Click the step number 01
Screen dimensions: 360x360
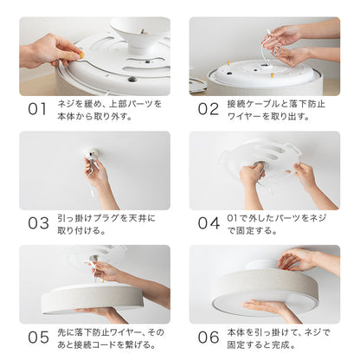click(x=37, y=109)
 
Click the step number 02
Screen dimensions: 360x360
click(x=208, y=109)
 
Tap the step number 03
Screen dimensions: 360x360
click(x=37, y=222)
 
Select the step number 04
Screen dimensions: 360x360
click(x=208, y=222)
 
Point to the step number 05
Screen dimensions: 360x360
click(x=37, y=336)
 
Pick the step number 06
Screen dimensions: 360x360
click(x=208, y=336)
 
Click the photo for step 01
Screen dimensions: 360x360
click(x=94, y=55)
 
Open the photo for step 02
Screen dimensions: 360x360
click(x=265, y=55)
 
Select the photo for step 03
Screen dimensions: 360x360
click(x=94, y=170)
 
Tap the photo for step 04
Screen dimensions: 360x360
click(x=265, y=170)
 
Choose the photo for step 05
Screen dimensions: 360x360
click(x=94, y=283)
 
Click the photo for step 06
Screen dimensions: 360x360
click(x=265, y=283)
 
